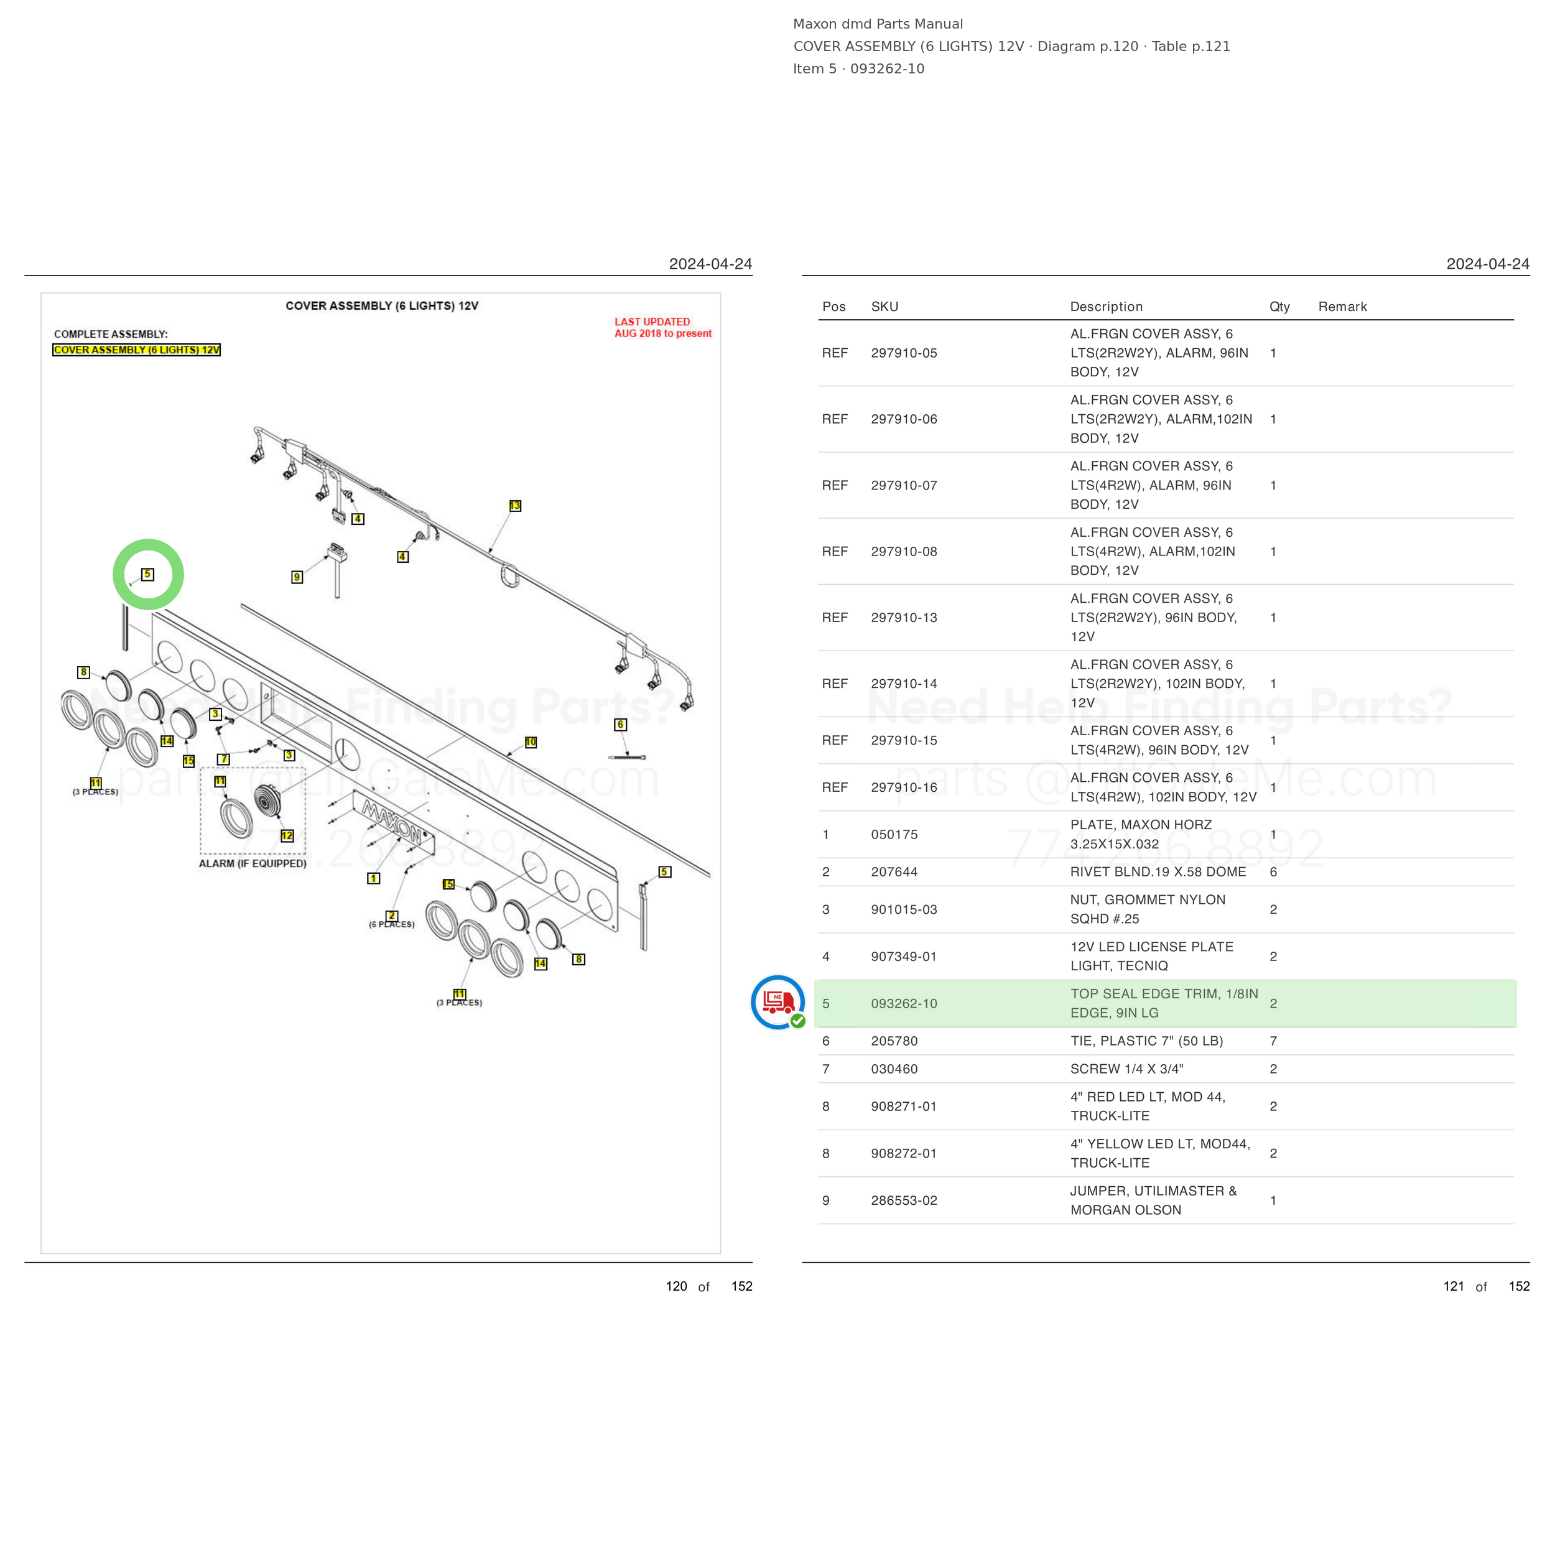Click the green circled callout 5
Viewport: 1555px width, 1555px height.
[x=147, y=574]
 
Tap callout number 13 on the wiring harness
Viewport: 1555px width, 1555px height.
[x=515, y=506]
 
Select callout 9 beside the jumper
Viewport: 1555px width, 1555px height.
[x=297, y=577]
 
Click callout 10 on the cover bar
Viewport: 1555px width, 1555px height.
[x=531, y=742]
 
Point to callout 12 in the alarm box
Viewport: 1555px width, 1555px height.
[x=287, y=835]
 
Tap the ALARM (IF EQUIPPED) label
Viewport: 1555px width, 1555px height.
[x=253, y=863]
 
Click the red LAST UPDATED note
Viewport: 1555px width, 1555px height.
[x=662, y=328]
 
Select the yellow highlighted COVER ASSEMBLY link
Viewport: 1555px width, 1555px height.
[x=137, y=350]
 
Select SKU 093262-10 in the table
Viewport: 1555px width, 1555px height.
[x=904, y=1004]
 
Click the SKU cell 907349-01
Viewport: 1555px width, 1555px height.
[x=904, y=956]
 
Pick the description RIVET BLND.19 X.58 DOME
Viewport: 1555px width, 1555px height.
[x=1158, y=871]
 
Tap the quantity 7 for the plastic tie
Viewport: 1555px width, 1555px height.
[x=1273, y=1041]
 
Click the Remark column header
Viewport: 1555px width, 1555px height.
[x=1342, y=307]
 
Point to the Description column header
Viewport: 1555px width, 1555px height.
[x=1107, y=307]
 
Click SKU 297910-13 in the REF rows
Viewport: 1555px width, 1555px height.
[x=904, y=617]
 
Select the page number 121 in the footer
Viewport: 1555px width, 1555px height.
[x=1454, y=1286]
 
